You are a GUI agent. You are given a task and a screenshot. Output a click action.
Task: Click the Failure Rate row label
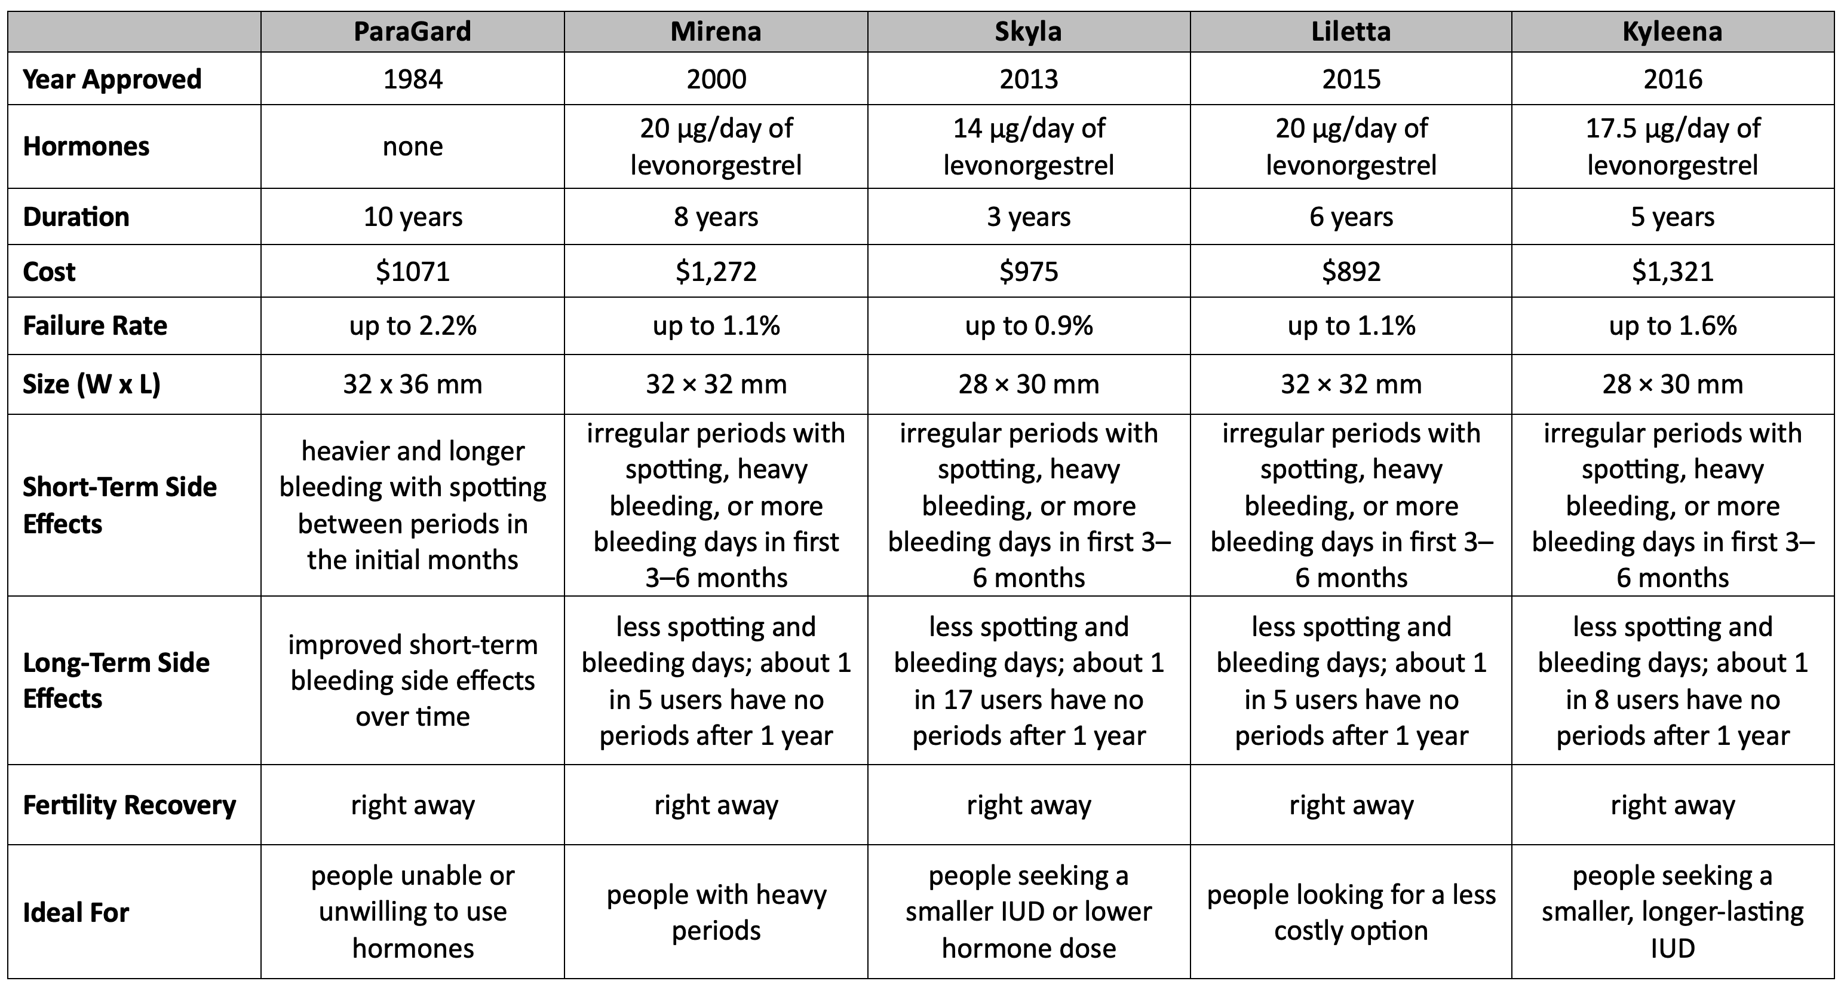95,326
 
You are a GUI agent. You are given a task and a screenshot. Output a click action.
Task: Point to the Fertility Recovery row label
130,805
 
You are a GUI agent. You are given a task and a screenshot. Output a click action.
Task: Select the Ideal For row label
76,912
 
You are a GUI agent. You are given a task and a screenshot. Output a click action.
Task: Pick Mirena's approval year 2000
716,79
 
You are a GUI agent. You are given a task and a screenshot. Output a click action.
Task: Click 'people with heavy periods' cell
716,912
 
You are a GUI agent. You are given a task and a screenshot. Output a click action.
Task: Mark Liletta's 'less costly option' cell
1351,912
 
